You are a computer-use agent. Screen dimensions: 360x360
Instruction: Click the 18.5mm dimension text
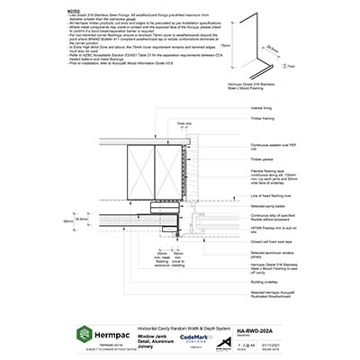81,219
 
